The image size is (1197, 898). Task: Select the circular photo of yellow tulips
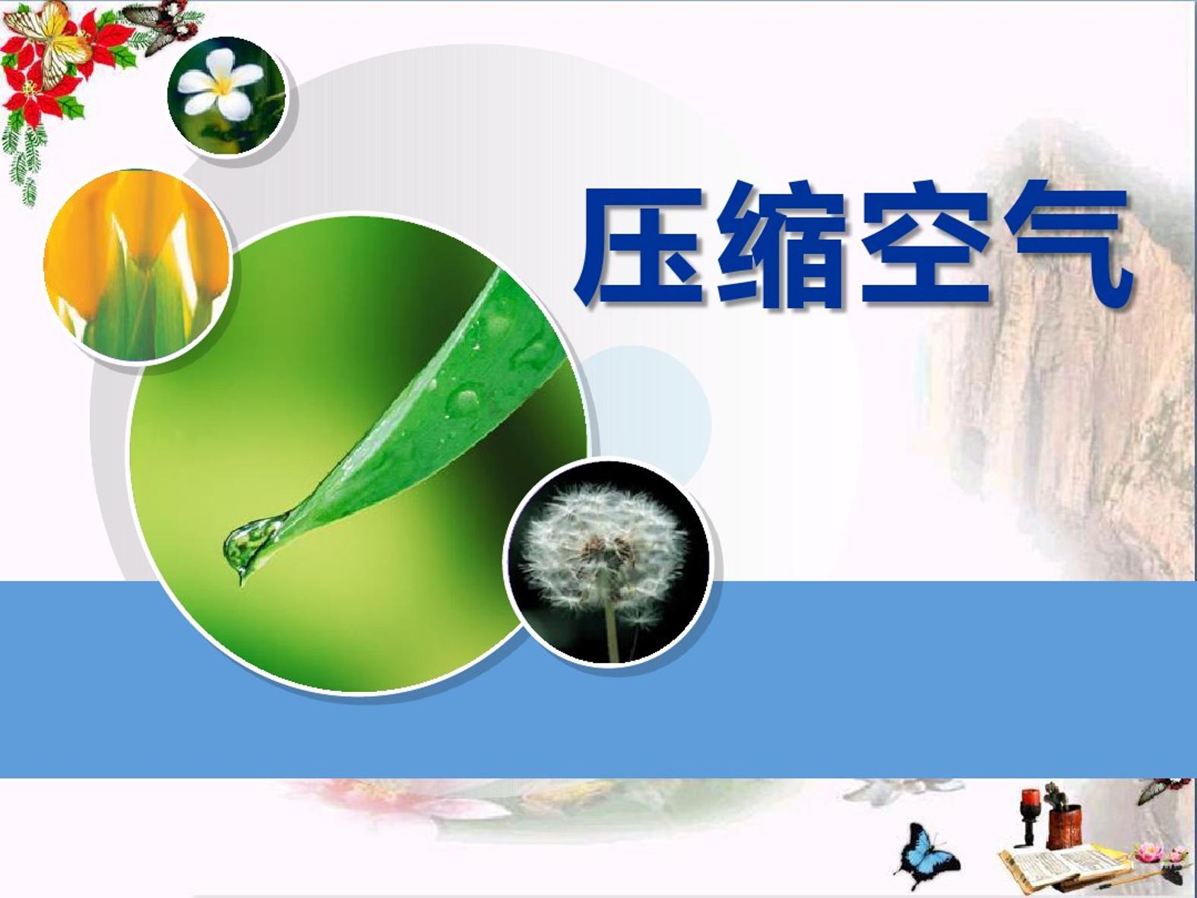136,265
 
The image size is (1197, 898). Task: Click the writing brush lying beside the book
1134,877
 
